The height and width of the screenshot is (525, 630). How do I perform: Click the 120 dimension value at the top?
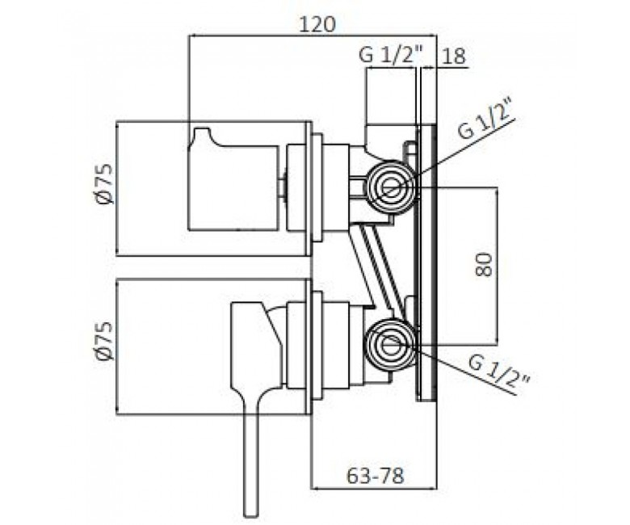tap(317, 25)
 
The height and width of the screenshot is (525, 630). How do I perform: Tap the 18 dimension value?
tap(454, 57)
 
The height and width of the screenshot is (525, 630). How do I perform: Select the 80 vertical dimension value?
tap(484, 264)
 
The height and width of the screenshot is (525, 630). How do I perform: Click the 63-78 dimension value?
tap(375, 477)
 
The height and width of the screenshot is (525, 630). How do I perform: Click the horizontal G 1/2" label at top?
tap(391, 55)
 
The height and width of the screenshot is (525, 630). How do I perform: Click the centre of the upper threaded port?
tap(390, 187)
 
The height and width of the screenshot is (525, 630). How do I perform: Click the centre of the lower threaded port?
tap(390, 346)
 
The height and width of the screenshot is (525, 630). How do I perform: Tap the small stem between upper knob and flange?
tap(283, 187)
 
